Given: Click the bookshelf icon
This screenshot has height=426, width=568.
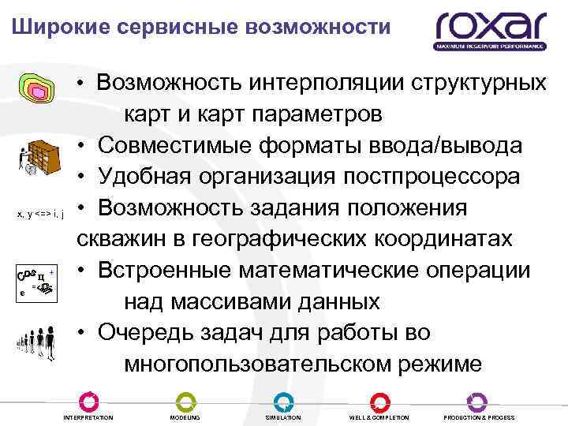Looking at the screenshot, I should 39,151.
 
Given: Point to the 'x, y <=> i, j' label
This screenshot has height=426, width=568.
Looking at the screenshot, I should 39,211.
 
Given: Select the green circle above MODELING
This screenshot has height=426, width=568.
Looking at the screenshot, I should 185,400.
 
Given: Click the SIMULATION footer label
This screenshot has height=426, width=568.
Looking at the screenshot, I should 283,417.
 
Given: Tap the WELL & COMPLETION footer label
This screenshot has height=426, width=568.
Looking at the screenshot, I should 379,417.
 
